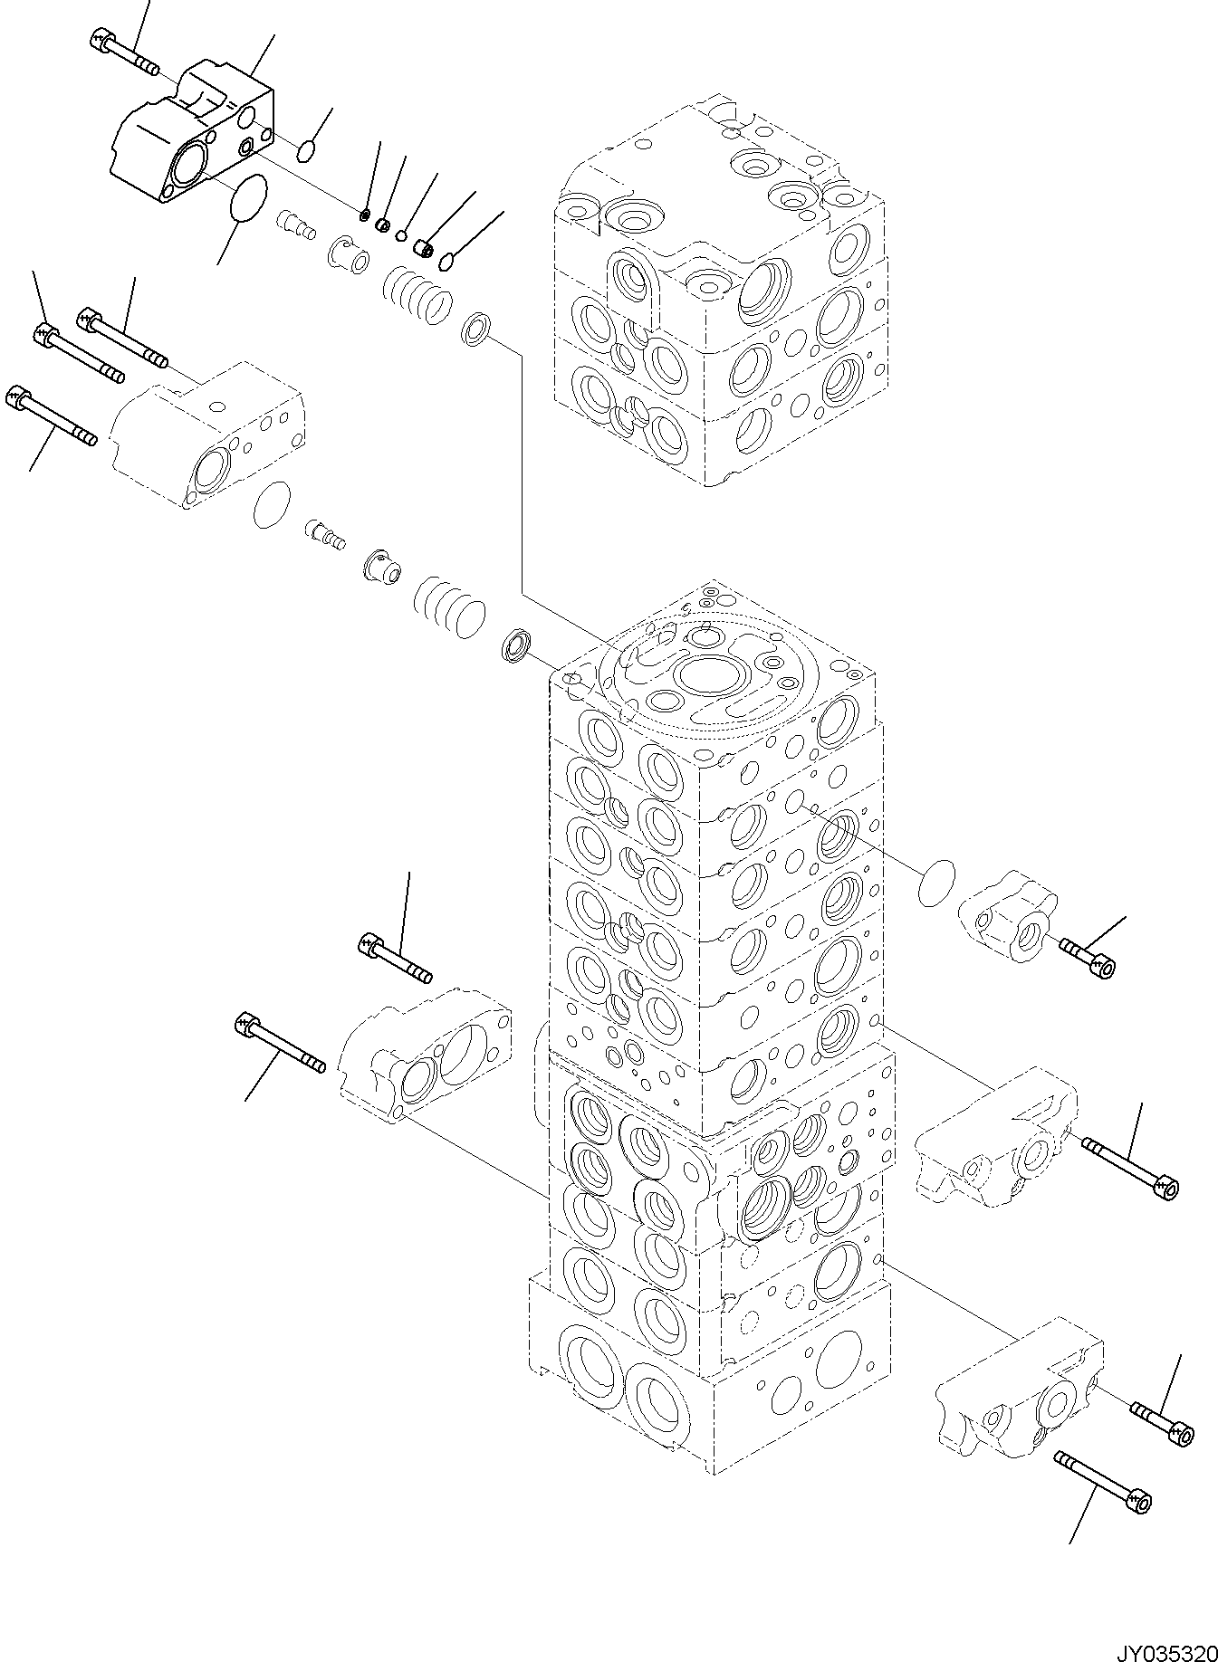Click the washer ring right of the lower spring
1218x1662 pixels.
(516, 647)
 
